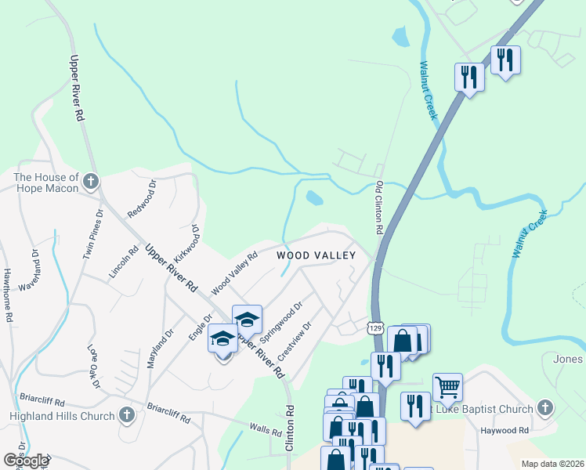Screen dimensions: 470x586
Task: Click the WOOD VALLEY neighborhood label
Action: (x=316, y=255)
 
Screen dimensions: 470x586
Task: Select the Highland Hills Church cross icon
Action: (x=127, y=416)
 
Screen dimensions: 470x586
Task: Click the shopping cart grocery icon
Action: (x=447, y=385)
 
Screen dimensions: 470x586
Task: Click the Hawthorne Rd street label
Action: (x=6, y=297)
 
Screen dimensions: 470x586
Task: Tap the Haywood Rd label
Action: (x=505, y=430)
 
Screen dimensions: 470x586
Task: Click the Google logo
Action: (x=25, y=461)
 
